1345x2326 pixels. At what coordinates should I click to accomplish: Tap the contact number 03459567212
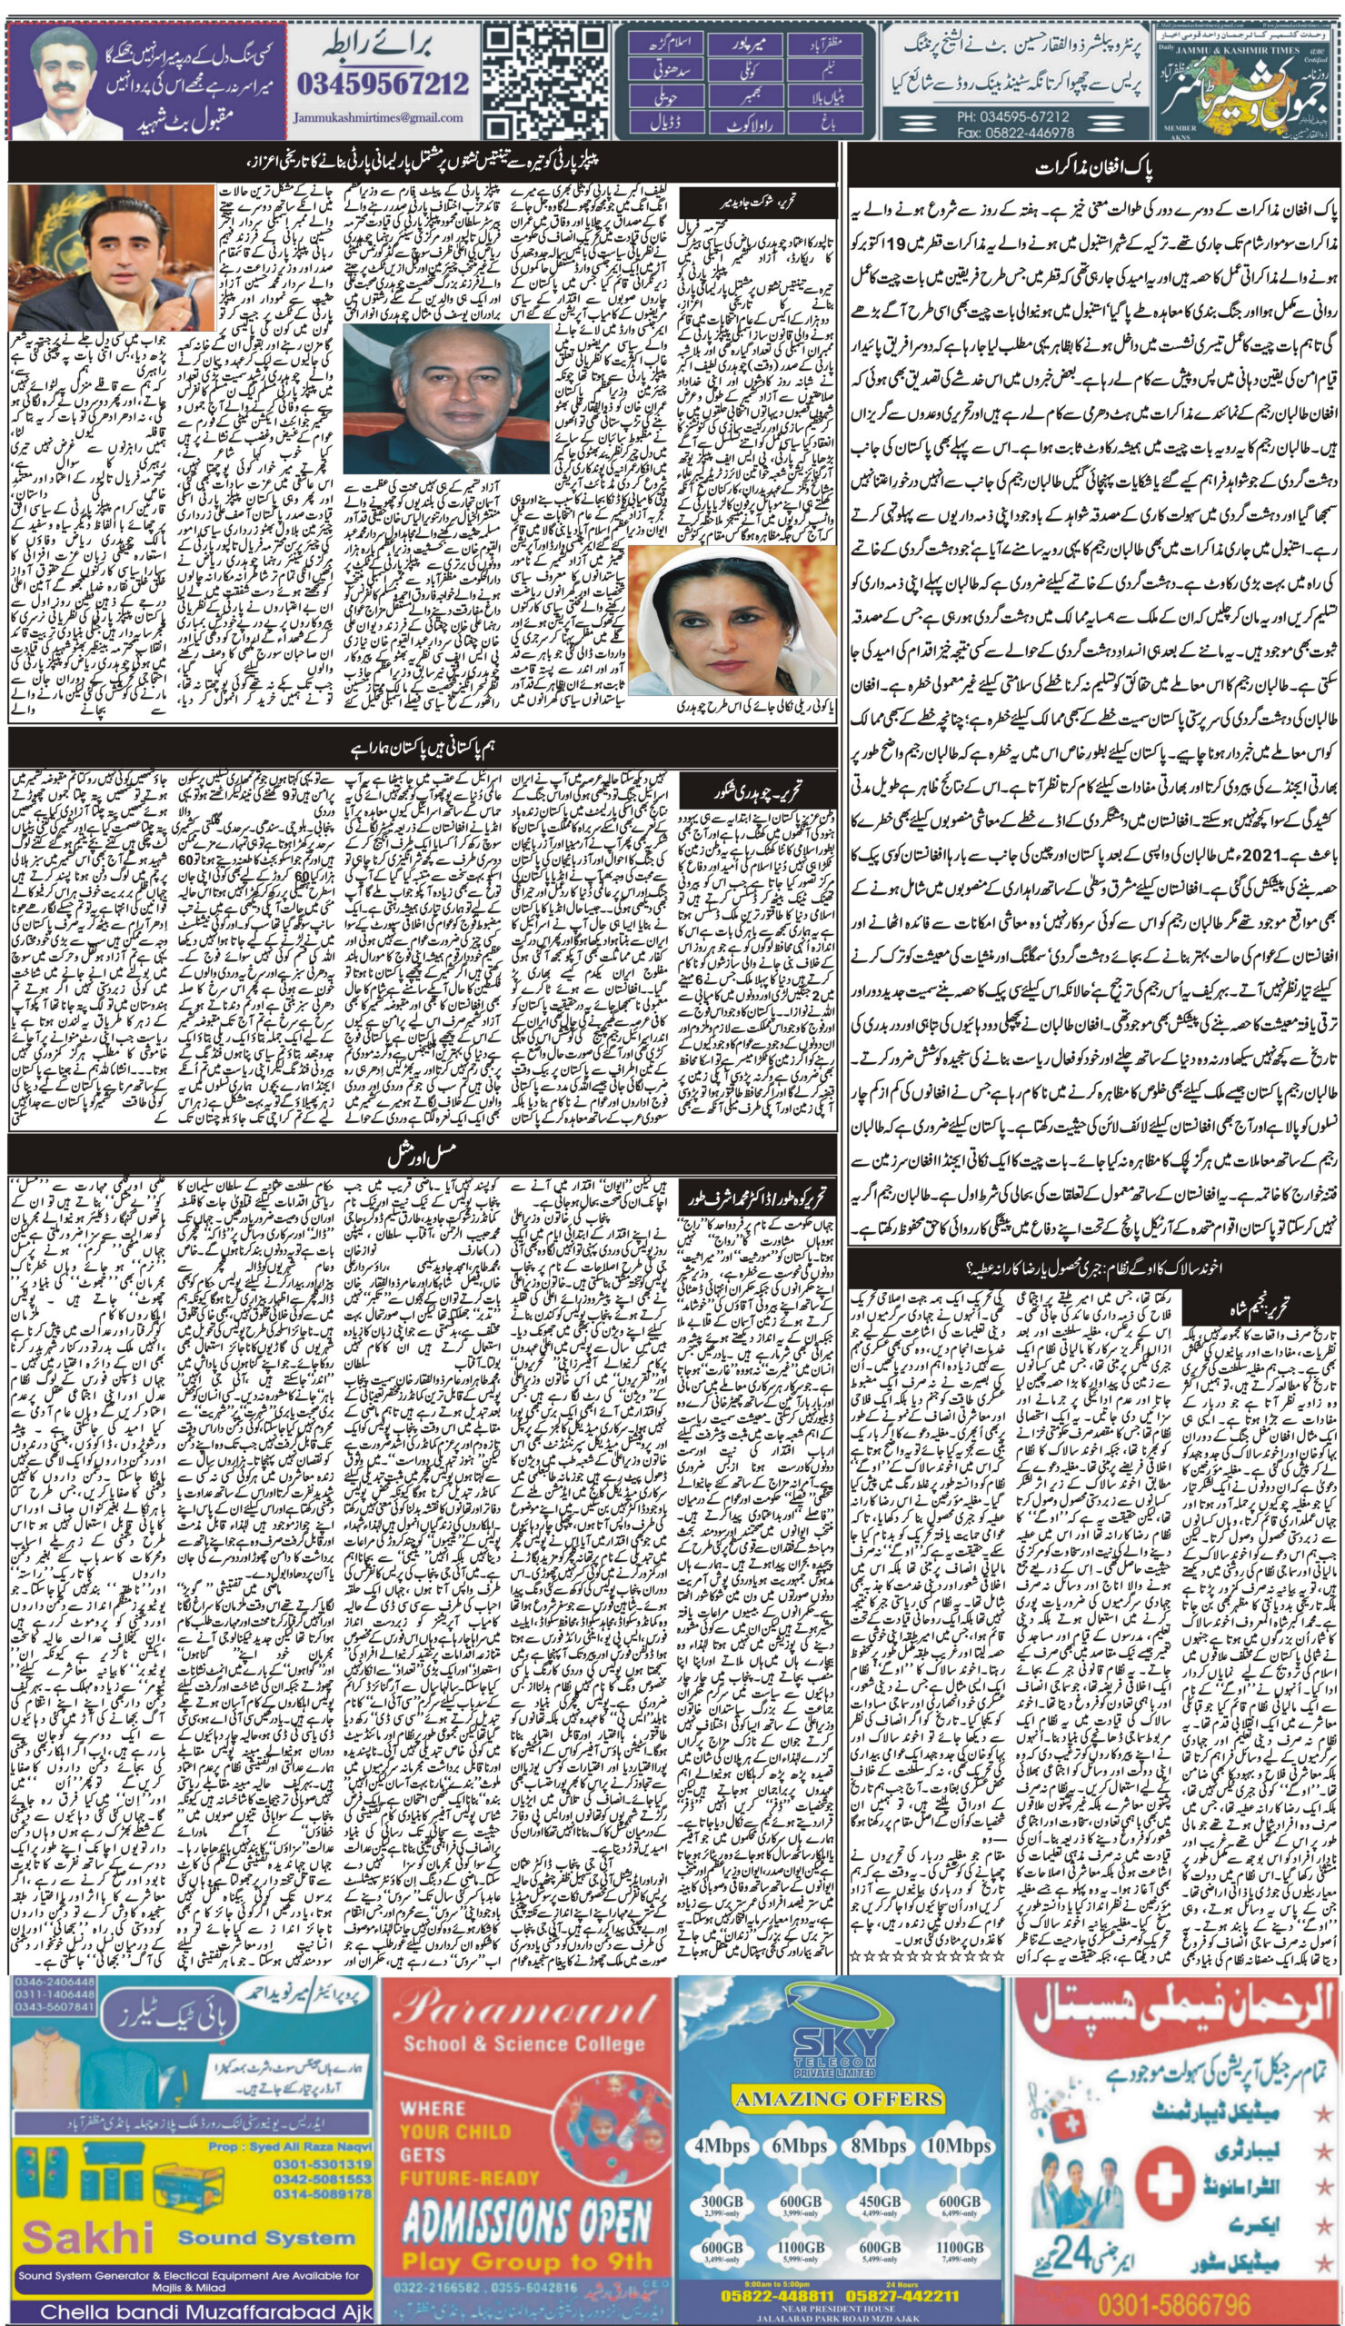coord(383,84)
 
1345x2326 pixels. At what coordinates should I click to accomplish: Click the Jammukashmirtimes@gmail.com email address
coord(379,118)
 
